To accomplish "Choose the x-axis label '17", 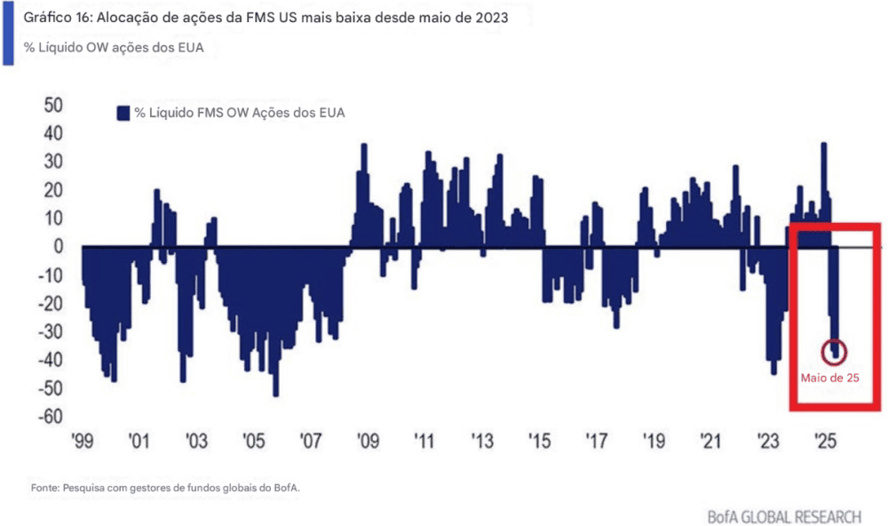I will click(x=596, y=441).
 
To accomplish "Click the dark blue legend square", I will click(x=123, y=113).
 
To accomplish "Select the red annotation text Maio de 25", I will click(x=829, y=377).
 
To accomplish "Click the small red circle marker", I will click(x=835, y=351).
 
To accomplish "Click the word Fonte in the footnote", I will click(x=45, y=487).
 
